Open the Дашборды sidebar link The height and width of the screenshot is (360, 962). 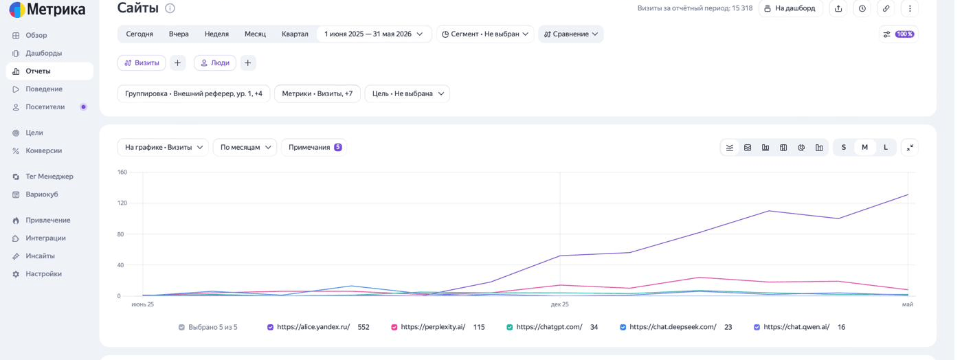(x=43, y=54)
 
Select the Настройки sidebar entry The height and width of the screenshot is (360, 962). (x=43, y=274)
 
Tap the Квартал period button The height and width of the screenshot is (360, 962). (x=295, y=34)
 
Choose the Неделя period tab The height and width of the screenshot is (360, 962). (x=216, y=34)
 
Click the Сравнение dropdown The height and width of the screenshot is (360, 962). (x=571, y=34)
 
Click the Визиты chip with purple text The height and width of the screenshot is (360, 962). (x=142, y=63)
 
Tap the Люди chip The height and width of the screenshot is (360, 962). (x=215, y=63)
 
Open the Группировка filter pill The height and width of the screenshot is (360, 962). (x=194, y=93)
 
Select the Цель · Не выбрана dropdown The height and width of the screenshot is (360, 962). (x=407, y=93)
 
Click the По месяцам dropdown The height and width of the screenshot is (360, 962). (x=245, y=147)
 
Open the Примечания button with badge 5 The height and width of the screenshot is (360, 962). (x=315, y=147)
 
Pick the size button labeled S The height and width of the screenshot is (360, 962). (x=844, y=147)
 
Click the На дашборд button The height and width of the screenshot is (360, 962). (x=791, y=8)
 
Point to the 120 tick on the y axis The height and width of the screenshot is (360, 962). (x=122, y=203)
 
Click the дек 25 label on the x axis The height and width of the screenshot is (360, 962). (x=559, y=304)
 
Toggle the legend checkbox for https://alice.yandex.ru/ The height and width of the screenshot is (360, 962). (x=270, y=327)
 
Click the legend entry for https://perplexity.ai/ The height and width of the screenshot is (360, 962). (x=433, y=327)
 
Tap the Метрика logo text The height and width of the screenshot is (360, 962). (x=56, y=9)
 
